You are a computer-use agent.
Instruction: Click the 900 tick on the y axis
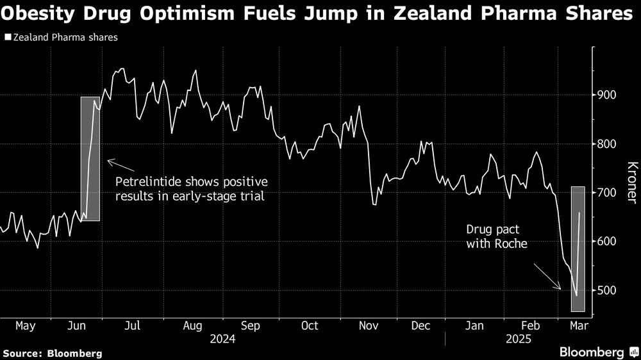[x=606, y=95]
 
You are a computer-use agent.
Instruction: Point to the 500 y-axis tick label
[x=606, y=290]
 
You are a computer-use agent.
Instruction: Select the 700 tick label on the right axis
[x=606, y=193]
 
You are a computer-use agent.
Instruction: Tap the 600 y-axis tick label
[x=606, y=241]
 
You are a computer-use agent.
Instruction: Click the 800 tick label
[x=606, y=144]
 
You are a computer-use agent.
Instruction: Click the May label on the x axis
[x=25, y=326]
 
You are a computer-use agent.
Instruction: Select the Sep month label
[x=250, y=326]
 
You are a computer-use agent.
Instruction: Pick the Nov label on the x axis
[x=367, y=326]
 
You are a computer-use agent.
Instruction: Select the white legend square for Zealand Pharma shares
[x=7, y=38]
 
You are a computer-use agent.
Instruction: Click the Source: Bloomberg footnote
[x=53, y=352]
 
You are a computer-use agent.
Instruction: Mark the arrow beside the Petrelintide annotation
[x=119, y=164]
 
